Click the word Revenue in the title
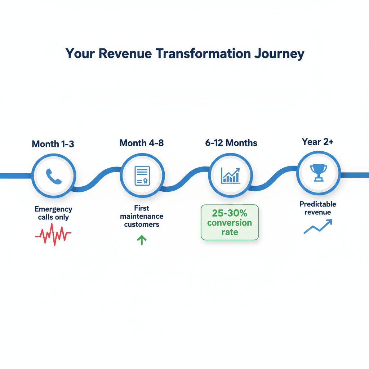126,53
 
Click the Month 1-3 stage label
53,144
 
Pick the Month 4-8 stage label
142,143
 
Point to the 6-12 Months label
231,143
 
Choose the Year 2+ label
318,142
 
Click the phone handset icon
54,176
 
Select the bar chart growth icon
231,175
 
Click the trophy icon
319,173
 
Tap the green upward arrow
142,240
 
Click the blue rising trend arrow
317,227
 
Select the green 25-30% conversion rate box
230,222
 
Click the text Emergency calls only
53,213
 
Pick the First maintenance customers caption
142,216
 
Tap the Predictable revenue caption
318,208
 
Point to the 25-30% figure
230,213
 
